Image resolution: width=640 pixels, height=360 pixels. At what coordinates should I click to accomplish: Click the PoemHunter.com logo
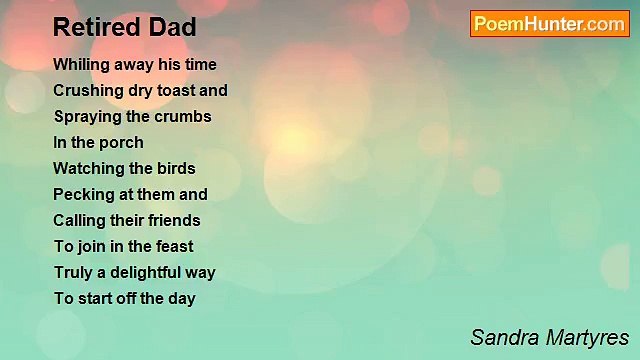549,24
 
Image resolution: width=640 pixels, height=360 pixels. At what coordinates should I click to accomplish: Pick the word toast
176,90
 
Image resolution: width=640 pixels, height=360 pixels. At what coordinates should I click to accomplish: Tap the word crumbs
184,116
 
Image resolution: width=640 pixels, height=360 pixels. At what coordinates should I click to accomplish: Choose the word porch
121,142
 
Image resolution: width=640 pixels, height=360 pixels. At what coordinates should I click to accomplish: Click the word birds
176,168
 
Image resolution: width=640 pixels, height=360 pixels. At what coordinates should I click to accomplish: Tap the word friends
174,220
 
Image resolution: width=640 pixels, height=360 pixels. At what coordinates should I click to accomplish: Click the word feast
172,246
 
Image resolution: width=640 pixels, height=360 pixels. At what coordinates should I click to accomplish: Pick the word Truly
73,272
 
